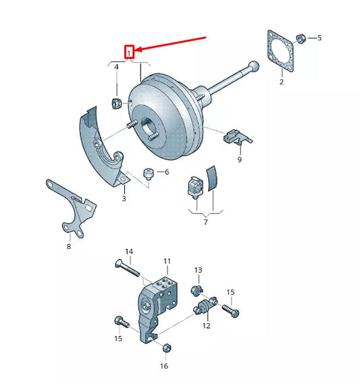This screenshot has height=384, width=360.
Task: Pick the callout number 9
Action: point(239,160)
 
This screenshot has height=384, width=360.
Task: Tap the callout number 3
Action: point(124,198)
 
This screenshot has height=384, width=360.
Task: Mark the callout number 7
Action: point(206,221)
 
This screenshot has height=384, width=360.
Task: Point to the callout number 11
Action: point(167,260)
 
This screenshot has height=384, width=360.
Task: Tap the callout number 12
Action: point(206,325)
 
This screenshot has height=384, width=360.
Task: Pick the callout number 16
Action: point(163,366)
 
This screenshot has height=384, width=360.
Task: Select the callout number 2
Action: point(282,82)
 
